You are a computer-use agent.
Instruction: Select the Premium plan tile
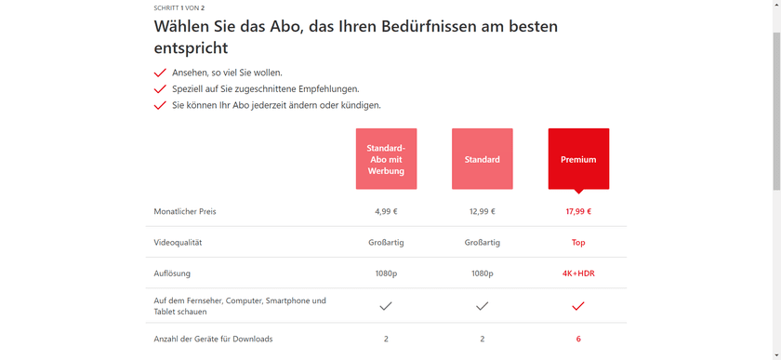click(x=578, y=159)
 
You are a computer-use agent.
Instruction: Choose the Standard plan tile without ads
click(x=482, y=159)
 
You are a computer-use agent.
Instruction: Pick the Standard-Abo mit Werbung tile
click(x=386, y=159)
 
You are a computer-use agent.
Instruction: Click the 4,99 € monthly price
click(x=386, y=211)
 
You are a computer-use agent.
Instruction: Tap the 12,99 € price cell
click(x=482, y=211)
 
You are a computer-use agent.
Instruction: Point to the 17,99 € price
click(x=578, y=211)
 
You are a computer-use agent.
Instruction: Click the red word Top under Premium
click(x=578, y=243)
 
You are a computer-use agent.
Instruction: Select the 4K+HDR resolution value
click(x=578, y=274)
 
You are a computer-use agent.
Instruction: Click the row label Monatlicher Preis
click(x=185, y=211)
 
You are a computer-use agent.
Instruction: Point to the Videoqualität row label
click(x=178, y=243)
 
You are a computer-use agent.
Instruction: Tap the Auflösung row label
click(x=173, y=274)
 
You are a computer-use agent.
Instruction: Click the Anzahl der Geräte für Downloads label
click(x=213, y=339)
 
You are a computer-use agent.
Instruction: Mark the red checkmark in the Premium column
click(x=578, y=306)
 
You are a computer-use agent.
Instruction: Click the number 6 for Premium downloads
click(x=578, y=339)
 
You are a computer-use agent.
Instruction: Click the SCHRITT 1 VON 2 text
click(x=179, y=7)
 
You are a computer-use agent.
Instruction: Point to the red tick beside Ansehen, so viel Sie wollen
click(x=160, y=73)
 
